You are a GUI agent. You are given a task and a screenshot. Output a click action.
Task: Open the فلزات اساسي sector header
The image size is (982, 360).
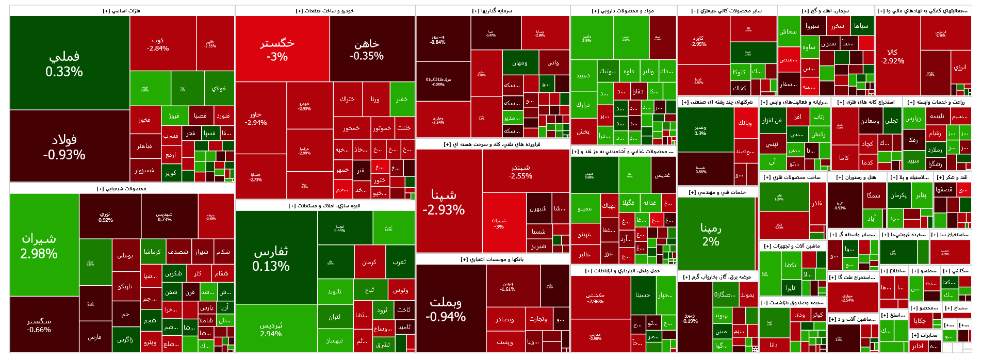tap(122, 11)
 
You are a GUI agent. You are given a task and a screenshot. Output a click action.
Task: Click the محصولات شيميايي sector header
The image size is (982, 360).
tap(122, 189)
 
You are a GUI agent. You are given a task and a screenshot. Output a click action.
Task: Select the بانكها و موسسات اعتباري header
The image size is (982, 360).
tap(493, 259)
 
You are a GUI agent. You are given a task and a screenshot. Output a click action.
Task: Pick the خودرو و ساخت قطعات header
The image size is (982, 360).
tap(325, 11)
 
